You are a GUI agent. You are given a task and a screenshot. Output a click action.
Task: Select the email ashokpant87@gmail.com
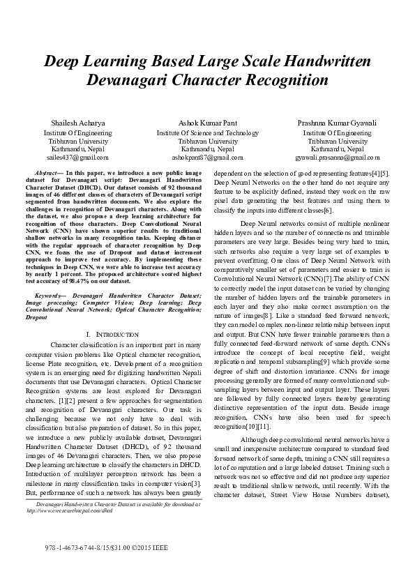click(207, 158)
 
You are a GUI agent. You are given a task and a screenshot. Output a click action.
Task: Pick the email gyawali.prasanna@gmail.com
click(338, 158)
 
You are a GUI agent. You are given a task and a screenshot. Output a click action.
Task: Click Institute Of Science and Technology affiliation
click(207, 132)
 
